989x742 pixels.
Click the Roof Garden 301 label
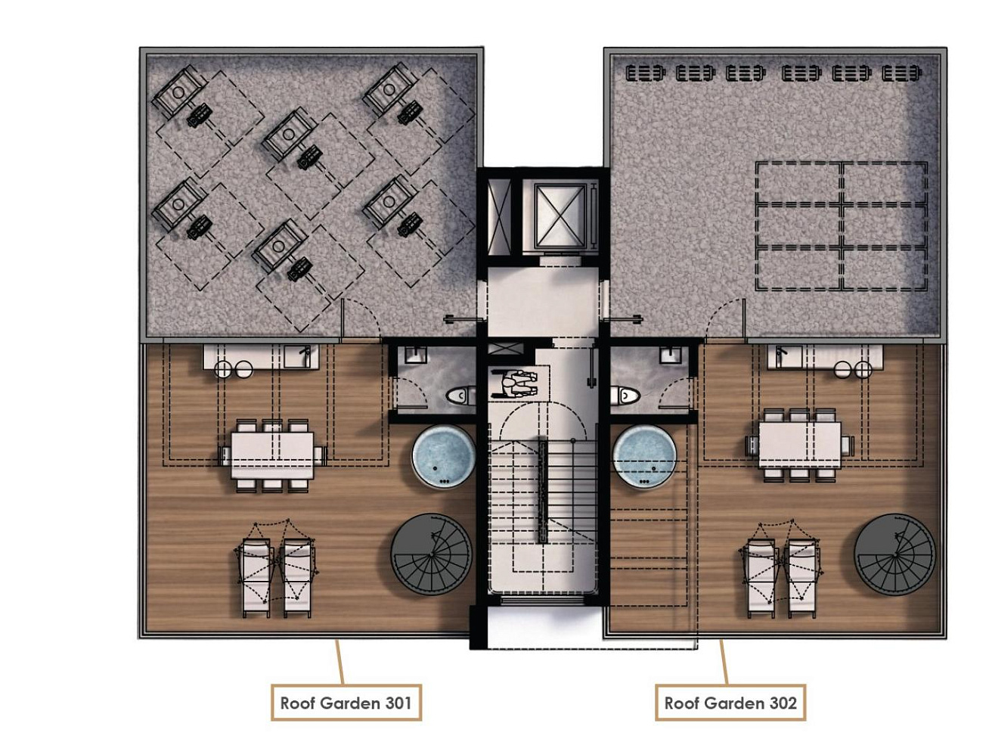(x=346, y=703)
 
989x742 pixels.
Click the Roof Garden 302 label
(x=730, y=703)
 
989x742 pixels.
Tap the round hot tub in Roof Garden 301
(x=443, y=457)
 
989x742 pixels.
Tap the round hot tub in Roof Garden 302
(x=646, y=457)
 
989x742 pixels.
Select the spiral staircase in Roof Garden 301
(x=431, y=554)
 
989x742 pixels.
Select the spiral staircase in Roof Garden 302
(x=894, y=554)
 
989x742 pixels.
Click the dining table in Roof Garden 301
(x=273, y=455)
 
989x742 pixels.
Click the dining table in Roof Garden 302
(x=800, y=445)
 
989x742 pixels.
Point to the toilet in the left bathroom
(x=460, y=396)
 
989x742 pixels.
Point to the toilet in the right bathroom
(x=625, y=396)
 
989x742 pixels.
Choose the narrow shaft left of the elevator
(x=500, y=217)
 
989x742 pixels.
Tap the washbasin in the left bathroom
(x=415, y=355)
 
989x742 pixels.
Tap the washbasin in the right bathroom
(x=671, y=355)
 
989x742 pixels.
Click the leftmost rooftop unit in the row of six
(x=645, y=73)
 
